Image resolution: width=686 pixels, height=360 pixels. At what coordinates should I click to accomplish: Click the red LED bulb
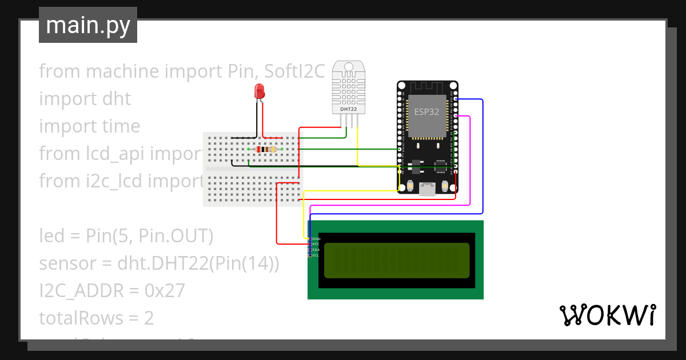pos(259,90)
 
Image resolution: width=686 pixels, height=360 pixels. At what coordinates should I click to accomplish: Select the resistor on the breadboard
pos(266,150)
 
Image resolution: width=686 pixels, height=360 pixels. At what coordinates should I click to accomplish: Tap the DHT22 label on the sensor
pos(349,109)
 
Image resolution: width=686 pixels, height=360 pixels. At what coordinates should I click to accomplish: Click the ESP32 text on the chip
pos(426,112)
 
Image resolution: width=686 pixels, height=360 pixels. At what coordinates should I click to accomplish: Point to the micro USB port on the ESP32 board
pos(427,189)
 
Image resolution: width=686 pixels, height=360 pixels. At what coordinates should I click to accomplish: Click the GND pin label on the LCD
pos(316,238)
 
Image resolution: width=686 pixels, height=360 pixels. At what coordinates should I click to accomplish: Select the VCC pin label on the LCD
pos(316,244)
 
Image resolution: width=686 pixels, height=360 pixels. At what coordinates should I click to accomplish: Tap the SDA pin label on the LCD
pos(316,250)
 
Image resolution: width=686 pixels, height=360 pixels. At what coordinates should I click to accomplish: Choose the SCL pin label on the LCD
pos(316,255)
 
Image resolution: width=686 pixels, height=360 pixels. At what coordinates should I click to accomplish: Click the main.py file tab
pos(88,25)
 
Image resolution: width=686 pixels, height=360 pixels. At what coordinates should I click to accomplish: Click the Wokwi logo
pos(607,315)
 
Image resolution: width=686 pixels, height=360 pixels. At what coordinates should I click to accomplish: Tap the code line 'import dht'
pos(85,99)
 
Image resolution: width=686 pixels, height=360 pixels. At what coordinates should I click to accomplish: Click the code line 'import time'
pos(89,126)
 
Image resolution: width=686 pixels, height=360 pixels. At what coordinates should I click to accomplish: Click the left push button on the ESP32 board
pos(410,186)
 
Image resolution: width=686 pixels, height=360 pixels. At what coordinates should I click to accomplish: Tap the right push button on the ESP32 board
pos(445,186)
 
